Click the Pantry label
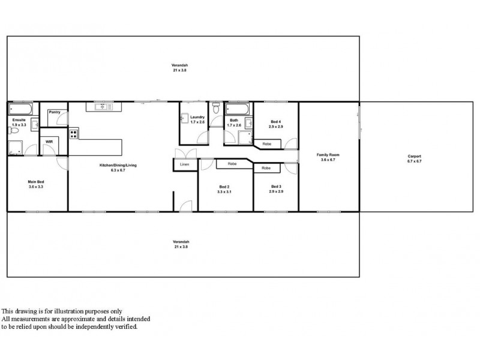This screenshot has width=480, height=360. tap(55, 112)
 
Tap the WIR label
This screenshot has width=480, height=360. tap(49, 142)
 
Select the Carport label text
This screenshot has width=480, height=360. tap(414, 157)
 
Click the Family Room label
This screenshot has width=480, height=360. tap(328, 155)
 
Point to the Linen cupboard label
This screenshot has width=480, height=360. tap(184, 164)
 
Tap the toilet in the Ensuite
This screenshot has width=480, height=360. tap(35, 125)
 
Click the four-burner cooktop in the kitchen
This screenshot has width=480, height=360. tap(74, 134)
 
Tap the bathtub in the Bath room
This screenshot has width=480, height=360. tap(238, 109)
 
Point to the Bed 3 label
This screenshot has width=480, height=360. tap(275, 187)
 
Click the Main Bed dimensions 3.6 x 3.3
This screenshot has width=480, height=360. tap(35, 187)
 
